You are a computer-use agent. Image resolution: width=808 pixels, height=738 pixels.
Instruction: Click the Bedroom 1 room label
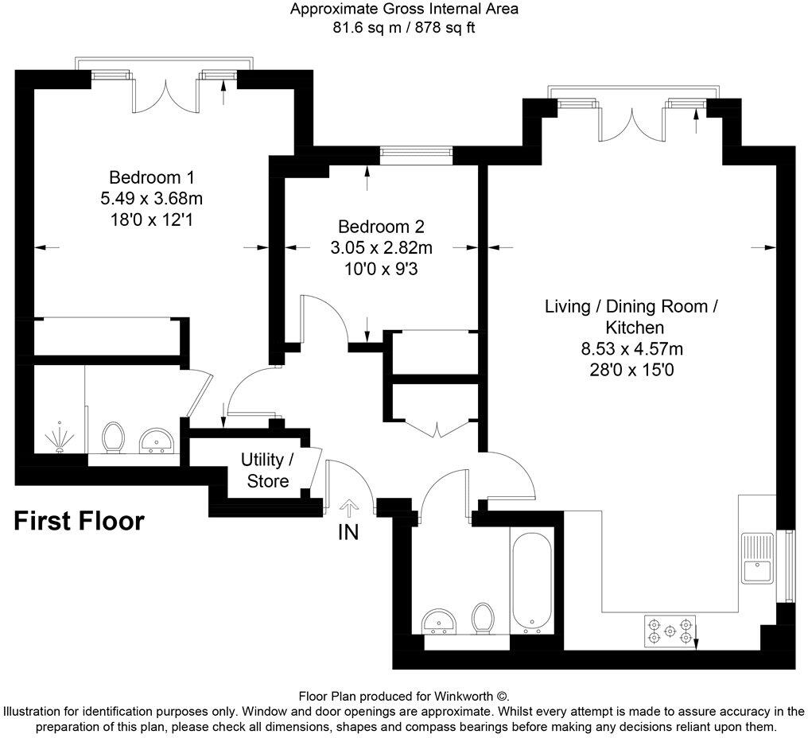click(x=151, y=177)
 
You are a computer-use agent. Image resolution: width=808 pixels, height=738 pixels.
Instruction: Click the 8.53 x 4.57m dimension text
click(x=632, y=348)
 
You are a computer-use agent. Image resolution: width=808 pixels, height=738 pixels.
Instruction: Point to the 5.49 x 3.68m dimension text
click(x=151, y=198)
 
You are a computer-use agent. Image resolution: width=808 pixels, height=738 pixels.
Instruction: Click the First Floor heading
click(x=80, y=522)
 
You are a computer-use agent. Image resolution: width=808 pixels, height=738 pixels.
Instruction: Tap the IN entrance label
click(x=348, y=533)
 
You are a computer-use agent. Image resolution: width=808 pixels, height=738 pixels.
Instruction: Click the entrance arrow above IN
click(x=348, y=507)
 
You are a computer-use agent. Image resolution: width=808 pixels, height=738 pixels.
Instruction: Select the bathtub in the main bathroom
click(x=529, y=582)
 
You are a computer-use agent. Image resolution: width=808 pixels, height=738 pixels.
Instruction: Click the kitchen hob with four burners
click(x=669, y=630)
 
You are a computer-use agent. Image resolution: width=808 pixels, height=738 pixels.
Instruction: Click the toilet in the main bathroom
click(x=482, y=619)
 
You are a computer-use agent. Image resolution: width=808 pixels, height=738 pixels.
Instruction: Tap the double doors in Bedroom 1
click(x=165, y=95)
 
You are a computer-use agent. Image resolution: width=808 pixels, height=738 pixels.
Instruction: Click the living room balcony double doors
click(x=631, y=122)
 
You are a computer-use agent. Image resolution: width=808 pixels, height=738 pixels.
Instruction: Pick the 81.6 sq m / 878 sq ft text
click(x=404, y=27)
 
